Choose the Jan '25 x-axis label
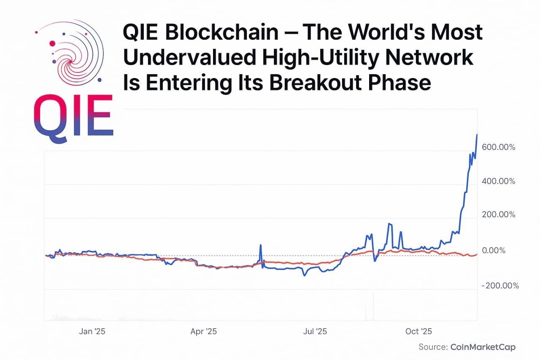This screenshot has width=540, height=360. [92, 331]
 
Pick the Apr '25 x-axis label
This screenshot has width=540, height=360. [203, 331]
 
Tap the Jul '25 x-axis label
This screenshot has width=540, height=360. [315, 331]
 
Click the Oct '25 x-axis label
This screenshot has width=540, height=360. [418, 331]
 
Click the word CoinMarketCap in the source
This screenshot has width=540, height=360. [483, 347]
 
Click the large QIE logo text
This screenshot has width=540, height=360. [73, 115]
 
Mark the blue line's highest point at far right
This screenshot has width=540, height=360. [477, 135]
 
